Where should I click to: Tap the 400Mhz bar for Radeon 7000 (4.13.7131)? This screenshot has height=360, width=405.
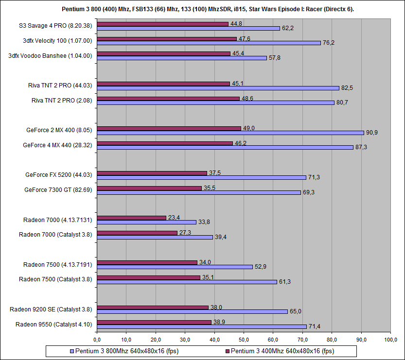coord(131,218)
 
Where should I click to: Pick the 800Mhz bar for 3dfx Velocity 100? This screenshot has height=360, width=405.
coord(209,43)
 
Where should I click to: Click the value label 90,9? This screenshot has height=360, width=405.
coord(372,133)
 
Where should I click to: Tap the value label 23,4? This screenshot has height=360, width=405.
coord(174,218)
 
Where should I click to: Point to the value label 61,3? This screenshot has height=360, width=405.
coord(285,282)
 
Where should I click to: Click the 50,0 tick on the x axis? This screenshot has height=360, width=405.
coord(244,339)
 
